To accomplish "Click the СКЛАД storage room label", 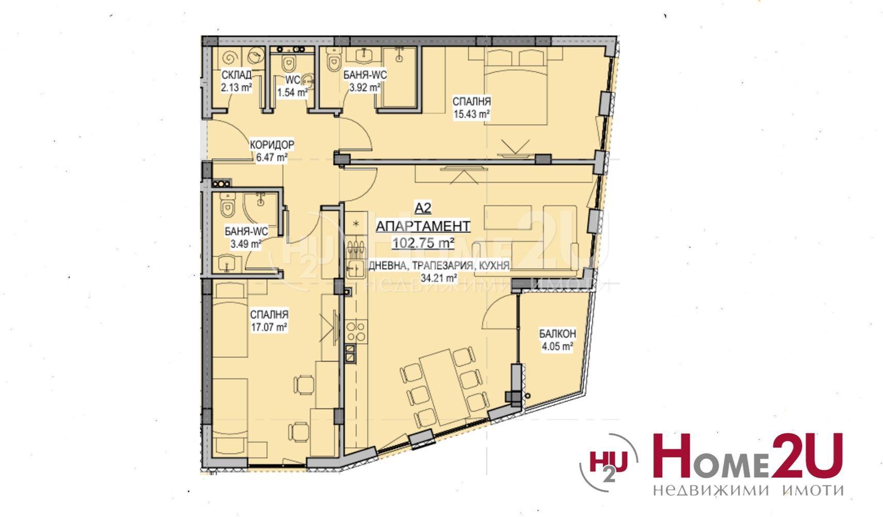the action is [237, 75].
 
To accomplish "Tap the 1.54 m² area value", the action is [292, 93].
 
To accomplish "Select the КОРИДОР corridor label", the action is [272, 145].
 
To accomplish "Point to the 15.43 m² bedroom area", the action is [471, 114].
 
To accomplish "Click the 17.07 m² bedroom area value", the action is [269, 327].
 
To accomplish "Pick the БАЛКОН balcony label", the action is [557, 334].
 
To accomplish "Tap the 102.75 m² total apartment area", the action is [423, 243].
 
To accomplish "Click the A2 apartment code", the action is [423, 208].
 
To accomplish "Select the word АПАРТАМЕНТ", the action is [423, 226].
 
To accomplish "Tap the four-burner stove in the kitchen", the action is [356, 331].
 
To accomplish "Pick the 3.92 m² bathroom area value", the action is [364, 87].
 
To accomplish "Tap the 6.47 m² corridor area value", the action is [271, 157].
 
